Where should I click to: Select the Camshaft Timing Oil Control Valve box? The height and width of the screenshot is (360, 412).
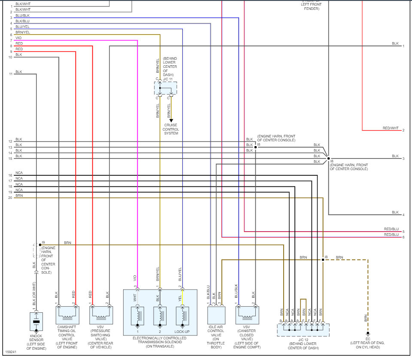tap(67, 315)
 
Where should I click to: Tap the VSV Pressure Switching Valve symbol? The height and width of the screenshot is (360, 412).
tap(101, 315)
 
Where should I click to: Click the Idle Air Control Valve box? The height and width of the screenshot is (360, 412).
tap(216, 315)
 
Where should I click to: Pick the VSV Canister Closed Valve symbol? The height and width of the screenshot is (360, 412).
tap(247, 315)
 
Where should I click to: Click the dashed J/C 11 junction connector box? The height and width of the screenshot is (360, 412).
tap(165, 88)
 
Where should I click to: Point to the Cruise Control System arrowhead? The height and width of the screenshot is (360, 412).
tap(171, 121)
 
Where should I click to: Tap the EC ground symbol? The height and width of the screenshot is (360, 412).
tap(368, 333)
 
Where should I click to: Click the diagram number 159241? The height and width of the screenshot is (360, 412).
tap(11, 352)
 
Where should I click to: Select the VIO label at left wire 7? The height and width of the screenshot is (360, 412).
tap(18, 38)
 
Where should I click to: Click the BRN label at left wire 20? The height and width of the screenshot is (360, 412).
tap(19, 195)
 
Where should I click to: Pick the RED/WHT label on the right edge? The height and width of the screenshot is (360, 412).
tap(391, 128)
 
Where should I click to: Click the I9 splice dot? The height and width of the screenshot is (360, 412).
tap(40, 245)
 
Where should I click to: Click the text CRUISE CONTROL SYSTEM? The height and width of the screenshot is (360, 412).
tap(171, 129)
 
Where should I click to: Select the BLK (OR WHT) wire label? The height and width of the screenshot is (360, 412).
tap(34, 297)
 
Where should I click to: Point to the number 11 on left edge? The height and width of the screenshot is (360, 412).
tap(11, 74)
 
